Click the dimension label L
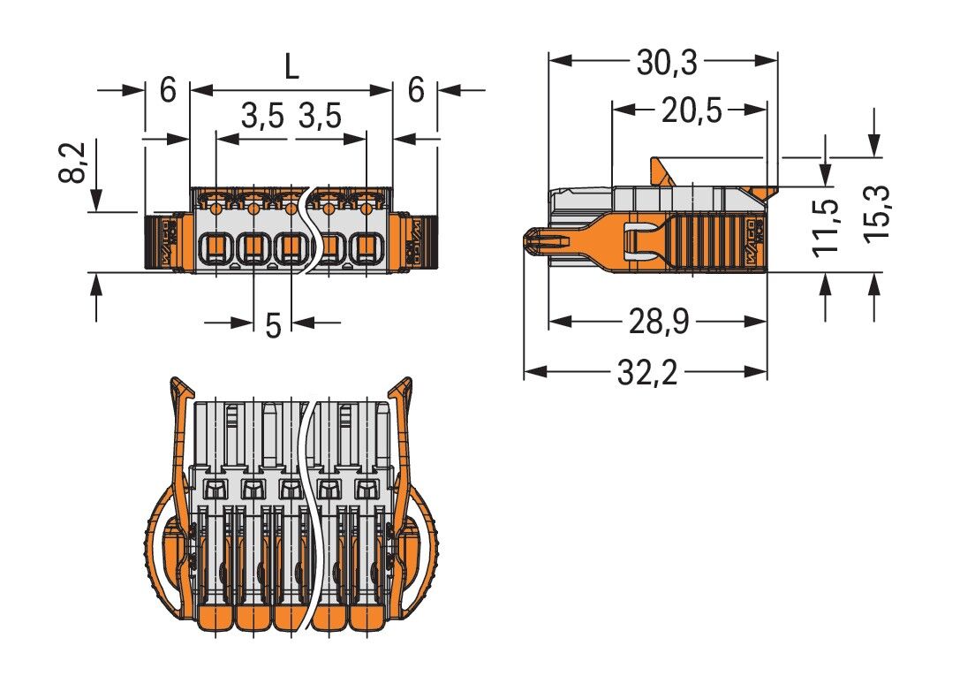pos(291,67)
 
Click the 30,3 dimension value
pos(667,63)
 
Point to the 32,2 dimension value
pos(646,374)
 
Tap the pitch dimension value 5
pos(273,325)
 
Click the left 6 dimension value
pos(168,90)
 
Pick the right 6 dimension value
pos(416,90)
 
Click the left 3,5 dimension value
pos(262,116)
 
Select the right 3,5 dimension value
pos(320,116)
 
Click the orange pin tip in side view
pos(534,240)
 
